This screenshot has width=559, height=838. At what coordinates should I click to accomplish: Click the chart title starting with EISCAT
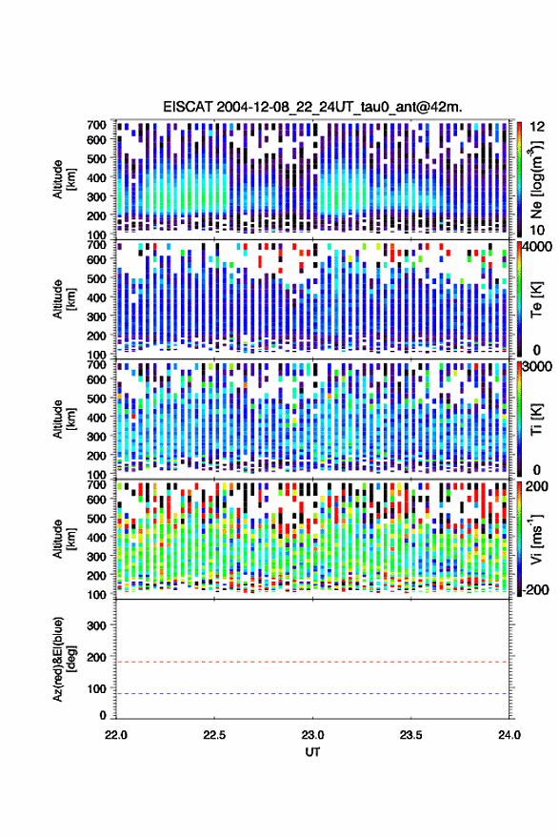pos(312,107)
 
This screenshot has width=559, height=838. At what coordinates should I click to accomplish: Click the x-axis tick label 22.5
pos(214,735)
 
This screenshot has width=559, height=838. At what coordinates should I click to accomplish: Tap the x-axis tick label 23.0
pos(312,735)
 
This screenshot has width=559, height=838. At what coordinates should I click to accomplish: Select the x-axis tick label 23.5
pos(410,735)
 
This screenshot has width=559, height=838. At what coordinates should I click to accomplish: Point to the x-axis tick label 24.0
pos(509,735)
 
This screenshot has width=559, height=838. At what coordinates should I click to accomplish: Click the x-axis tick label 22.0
pos(116,735)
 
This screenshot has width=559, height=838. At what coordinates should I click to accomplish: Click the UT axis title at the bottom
pos(312,752)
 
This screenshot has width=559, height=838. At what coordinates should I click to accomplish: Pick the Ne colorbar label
pos(536,179)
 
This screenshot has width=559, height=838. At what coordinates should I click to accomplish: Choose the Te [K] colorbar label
pos(536,298)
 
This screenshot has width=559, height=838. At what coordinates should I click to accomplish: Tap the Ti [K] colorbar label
pos(536,419)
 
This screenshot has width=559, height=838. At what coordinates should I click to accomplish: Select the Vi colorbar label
pos(536,539)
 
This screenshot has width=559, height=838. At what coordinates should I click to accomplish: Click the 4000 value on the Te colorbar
pos(538,247)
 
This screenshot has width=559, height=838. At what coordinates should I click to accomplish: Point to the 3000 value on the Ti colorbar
pos(538,367)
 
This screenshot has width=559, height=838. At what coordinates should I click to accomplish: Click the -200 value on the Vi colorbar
pos(535,589)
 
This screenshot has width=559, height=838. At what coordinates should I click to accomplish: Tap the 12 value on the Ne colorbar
pos(537,127)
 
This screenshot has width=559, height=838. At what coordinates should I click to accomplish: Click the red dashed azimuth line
pos(312,662)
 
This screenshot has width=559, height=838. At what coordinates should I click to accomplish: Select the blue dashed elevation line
pos(312,694)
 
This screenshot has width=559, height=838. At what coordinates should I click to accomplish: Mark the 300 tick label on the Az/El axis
pos(97,625)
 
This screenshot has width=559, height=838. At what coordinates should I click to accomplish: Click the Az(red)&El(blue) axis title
pos(64,660)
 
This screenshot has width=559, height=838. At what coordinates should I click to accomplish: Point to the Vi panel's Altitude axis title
pos(64,539)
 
